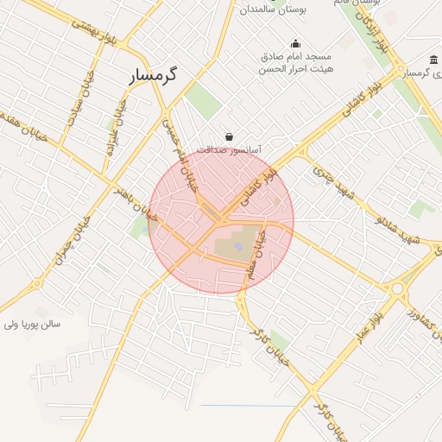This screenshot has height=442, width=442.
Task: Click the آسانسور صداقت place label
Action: pyautogui.click(x=229, y=149)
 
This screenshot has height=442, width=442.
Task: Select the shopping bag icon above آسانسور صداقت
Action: pyautogui.click(x=229, y=136)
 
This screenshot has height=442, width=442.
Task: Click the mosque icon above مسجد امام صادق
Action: pyautogui.click(x=296, y=44)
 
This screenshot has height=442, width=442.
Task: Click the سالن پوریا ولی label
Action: pyautogui.click(x=33, y=325)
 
